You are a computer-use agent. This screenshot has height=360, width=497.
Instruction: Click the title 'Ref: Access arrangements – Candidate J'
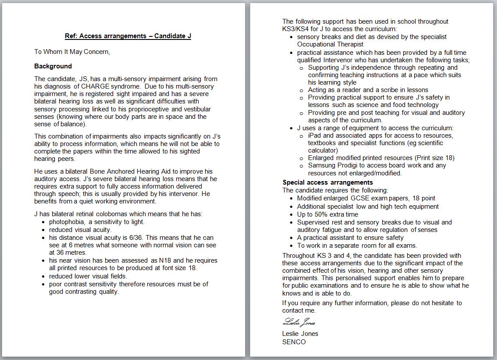point(128,36)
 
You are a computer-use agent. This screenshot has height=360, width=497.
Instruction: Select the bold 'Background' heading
point(53,66)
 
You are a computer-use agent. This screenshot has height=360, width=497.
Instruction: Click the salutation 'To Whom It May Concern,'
point(72,52)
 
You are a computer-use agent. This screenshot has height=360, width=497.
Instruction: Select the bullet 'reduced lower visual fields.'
point(88,276)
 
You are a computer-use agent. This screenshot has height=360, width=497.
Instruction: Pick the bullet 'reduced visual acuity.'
point(80,230)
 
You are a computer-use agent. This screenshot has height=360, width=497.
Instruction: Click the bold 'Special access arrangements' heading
point(327,182)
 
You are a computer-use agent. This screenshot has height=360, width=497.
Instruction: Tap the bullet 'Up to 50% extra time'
point(327,214)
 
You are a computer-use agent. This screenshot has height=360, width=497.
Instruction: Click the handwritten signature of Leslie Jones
point(299,322)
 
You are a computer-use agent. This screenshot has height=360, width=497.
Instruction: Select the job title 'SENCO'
point(294,342)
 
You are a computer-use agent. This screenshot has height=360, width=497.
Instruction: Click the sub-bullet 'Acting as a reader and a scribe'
point(356,90)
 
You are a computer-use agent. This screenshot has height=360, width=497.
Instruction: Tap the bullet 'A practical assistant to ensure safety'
point(350,238)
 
